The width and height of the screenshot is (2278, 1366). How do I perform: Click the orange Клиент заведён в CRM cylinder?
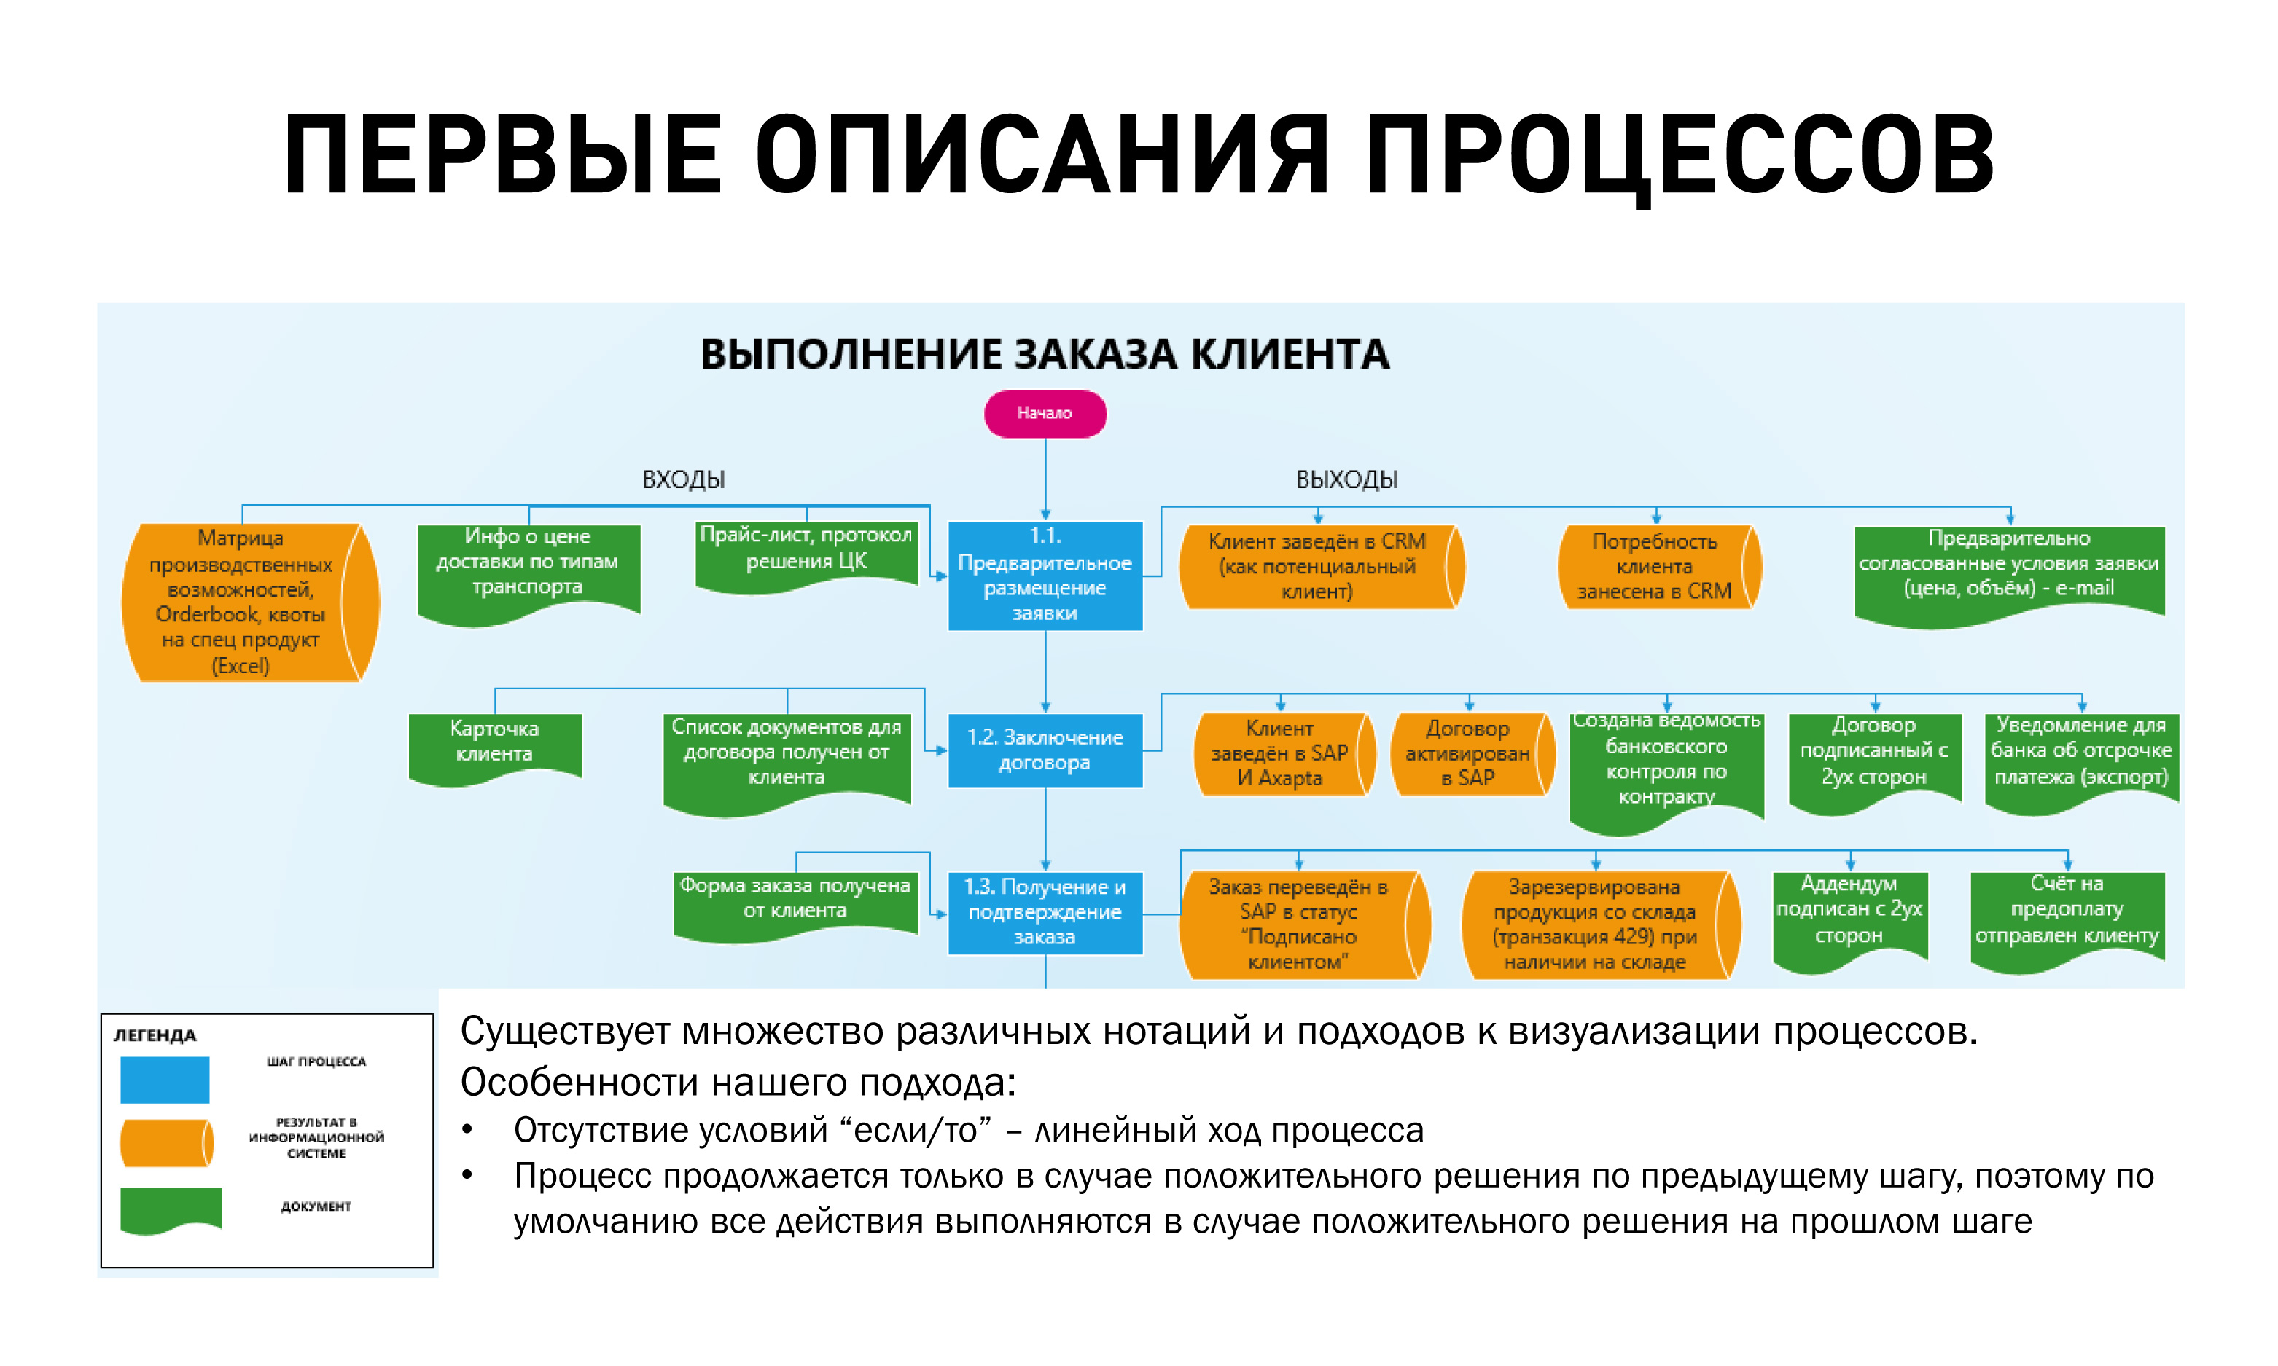[1318, 566]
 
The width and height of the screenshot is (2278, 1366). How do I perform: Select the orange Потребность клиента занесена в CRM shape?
[1655, 566]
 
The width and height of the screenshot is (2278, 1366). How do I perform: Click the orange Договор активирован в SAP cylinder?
[1469, 753]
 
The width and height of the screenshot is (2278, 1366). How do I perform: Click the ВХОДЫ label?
[683, 479]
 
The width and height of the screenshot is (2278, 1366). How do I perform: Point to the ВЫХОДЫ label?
[1346, 479]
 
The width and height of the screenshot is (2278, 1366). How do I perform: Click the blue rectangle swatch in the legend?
[165, 1079]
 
